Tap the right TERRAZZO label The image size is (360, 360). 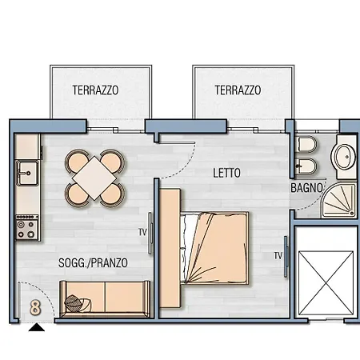238,90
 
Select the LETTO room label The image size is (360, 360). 227,172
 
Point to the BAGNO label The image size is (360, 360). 306,188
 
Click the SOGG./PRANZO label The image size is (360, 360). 94,262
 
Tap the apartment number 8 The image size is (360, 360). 35,306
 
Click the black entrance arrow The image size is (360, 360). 37,326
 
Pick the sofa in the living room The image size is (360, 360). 104,298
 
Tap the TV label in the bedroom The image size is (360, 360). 278,256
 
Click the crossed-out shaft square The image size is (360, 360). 326,281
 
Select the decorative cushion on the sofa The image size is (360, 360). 76,302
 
